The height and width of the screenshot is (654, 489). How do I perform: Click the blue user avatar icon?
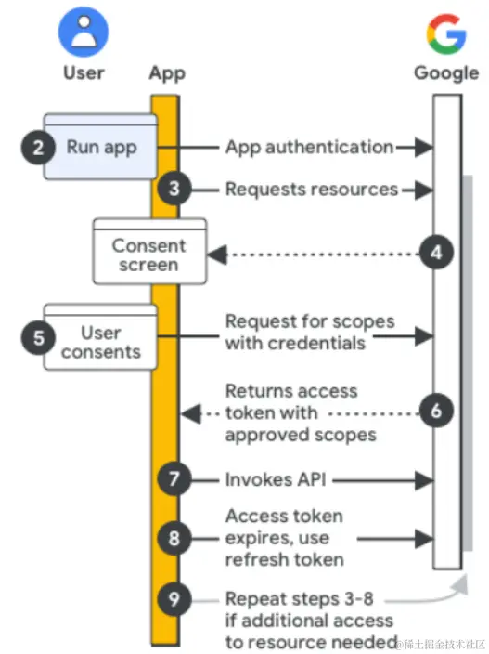coord(84,32)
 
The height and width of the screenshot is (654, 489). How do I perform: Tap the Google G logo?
coord(446,33)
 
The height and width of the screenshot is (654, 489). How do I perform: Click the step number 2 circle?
coord(38,147)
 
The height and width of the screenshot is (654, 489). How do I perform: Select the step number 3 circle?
coord(174,189)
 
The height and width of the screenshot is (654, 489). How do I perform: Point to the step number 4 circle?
coord(436,253)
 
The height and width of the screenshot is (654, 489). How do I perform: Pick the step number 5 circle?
coord(38,337)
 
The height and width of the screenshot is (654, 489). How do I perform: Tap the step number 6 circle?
coord(436,411)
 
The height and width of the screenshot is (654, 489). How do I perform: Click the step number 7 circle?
coord(174,478)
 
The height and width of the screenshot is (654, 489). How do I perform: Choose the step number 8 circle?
coord(174,538)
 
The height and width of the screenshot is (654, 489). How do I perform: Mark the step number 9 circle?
coord(174,599)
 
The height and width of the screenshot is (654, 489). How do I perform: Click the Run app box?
coord(100,147)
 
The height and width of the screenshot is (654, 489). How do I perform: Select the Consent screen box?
coord(149,251)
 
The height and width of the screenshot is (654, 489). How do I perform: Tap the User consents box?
coord(100,337)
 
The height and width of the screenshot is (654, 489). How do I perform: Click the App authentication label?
coord(310,148)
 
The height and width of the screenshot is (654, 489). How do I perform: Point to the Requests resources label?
coord(312,190)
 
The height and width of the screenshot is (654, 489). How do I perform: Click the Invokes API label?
coord(276,479)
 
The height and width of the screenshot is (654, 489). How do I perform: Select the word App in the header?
coord(167,73)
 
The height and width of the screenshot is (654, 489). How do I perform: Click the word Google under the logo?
coord(446,73)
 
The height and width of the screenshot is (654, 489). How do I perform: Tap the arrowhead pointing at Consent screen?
coord(217,255)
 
